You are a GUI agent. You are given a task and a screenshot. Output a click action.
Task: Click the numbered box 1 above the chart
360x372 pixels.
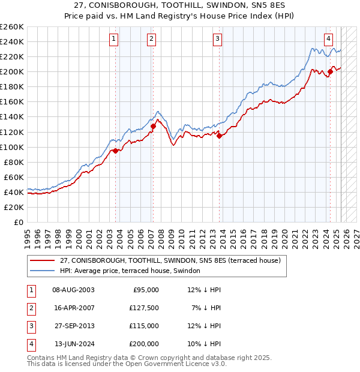pyautogui.click(x=114, y=39)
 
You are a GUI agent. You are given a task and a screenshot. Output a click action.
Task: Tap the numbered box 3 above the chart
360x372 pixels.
pyautogui.click(x=217, y=39)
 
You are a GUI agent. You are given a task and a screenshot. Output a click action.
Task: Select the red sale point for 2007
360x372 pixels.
pyautogui.click(x=153, y=126)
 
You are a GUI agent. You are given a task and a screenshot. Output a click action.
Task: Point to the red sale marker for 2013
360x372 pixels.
pyautogui.click(x=219, y=136)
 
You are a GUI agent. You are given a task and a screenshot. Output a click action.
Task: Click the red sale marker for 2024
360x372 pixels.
pyautogui.click(x=330, y=72)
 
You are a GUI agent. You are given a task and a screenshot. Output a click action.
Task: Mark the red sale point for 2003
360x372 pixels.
pyautogui.click(x=115, y=151)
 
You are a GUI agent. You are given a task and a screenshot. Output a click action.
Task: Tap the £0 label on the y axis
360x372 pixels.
pyautogui.click(x=18, y=222)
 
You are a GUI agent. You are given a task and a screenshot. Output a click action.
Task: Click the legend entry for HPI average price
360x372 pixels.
pyautogui.click(x=133, y=271)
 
